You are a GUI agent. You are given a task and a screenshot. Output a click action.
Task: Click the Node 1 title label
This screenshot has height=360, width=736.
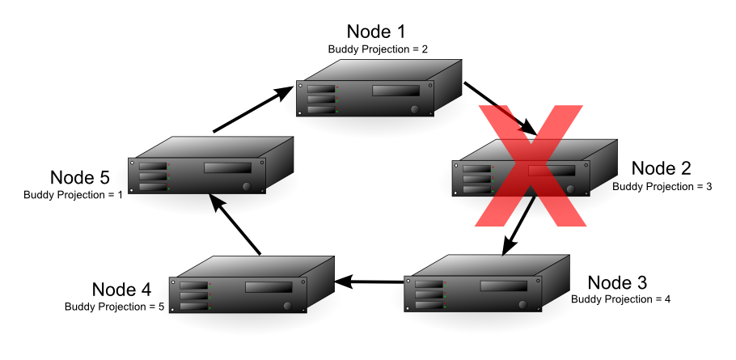pos(378,32)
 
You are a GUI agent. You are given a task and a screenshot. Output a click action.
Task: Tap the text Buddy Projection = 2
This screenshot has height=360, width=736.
pos(378,49)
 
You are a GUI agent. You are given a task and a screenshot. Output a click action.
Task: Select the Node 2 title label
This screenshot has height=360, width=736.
pos(661,168)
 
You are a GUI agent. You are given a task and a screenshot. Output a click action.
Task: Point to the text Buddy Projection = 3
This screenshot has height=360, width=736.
pos(662,186)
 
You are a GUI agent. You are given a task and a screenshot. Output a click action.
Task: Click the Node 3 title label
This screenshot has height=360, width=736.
pos(617,282)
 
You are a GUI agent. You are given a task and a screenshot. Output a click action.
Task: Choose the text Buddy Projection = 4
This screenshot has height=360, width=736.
pos(620,299)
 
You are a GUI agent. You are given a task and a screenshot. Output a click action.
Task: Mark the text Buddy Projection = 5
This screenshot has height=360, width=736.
pos(116,307)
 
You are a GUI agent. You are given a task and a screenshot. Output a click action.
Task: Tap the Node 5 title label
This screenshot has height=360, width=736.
pos(78,177)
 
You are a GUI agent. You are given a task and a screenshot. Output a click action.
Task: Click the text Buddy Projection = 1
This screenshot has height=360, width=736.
pos(73,195)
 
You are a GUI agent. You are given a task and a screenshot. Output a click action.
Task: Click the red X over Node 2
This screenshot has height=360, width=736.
pos(530,165)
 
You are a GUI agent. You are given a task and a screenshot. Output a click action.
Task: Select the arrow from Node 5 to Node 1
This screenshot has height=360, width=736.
pos(252,110)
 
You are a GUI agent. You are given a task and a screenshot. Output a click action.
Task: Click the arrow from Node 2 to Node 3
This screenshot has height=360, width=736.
pos(518,223)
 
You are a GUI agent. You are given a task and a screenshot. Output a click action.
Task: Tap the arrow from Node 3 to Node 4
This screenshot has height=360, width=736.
pos(369,282)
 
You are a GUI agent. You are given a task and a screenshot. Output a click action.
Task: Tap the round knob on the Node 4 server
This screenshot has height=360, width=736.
pos(288,306)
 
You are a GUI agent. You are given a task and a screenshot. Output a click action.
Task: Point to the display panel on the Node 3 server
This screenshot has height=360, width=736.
pos(504,286)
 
